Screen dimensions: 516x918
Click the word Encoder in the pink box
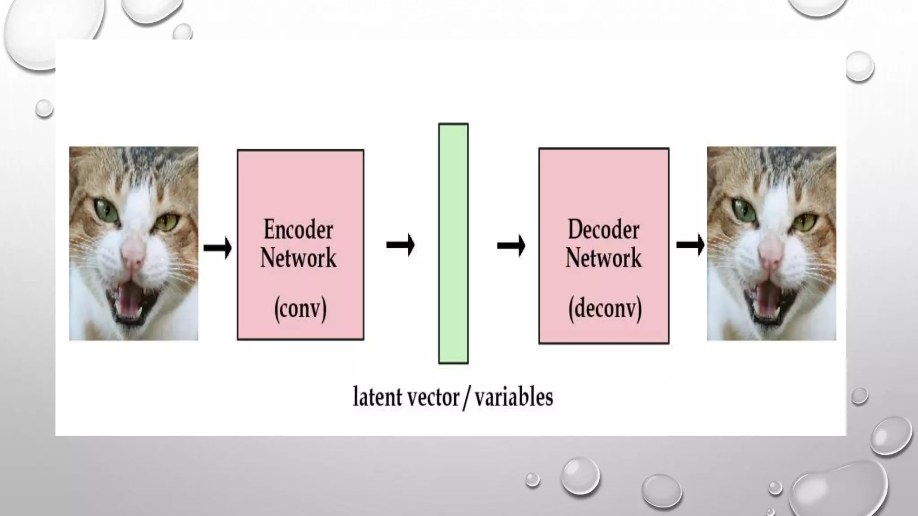298,230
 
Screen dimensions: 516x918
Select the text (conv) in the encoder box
300,309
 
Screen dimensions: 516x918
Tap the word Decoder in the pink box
603,230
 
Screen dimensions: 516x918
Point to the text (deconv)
605,309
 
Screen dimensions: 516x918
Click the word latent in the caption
377,397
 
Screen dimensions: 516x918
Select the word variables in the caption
514,397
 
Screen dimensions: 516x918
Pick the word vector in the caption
432,397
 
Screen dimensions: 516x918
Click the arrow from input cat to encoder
217,247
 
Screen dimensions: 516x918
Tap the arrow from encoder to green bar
400,245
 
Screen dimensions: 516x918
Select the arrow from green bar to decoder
511,245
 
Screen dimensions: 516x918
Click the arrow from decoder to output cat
690,245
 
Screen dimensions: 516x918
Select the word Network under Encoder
298,258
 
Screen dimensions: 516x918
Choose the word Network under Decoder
603,258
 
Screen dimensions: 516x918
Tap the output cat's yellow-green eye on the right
805,221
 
